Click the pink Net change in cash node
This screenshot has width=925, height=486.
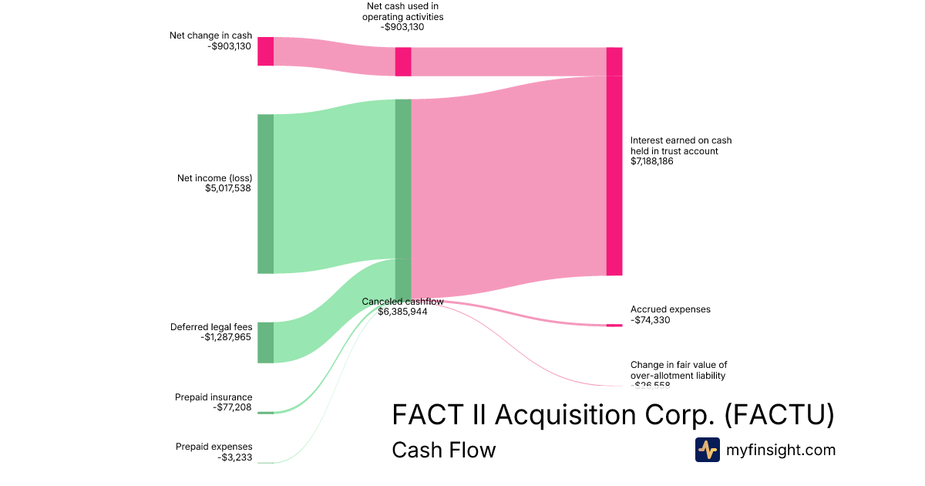click(x=265, y=51)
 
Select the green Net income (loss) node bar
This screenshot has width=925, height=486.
click(x=265, y=194)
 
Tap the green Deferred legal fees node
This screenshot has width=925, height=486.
click(x=265, y=343)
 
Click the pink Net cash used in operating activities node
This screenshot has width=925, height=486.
click(x=402, y=62)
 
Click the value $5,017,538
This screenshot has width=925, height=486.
click(x=228, y=188)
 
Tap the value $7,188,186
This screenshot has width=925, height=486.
click(x=652, y=162)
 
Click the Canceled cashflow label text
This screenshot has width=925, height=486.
click(x=402, y=302)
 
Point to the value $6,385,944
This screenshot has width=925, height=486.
click(x=402, y=312)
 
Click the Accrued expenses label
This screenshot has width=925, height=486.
click(x=670, y=309)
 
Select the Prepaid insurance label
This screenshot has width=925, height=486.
click(x=214, y=397)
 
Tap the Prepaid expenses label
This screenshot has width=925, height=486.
click(x=214, y=447)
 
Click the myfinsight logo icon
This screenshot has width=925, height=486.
click(x=707, y=450)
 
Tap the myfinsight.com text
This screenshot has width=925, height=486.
click(x=781, y=450)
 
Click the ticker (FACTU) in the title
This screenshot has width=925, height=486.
click(x=779, y=415)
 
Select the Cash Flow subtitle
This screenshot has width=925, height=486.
click(x=443, y=450)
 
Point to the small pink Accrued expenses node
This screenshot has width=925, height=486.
click(x=614, y=326)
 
